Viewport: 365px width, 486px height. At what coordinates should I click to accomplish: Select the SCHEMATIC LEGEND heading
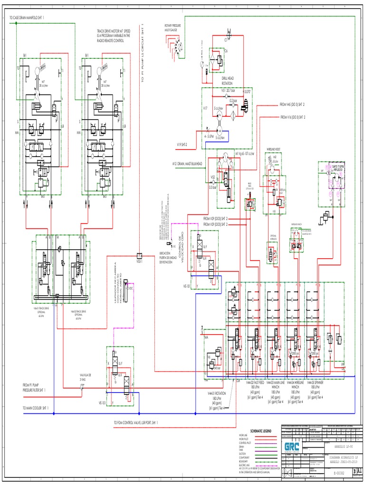pos(257,430)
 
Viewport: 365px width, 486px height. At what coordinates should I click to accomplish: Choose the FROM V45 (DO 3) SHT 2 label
pos(292,104)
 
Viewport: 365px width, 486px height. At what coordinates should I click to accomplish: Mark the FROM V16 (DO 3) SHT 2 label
pos(292,116)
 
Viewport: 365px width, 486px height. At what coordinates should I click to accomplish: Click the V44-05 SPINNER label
pos(317,382)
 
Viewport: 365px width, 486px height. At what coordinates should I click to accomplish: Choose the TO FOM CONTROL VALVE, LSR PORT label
pos(135,422)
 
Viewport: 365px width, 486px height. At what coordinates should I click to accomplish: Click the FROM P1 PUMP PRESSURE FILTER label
pos(35,387)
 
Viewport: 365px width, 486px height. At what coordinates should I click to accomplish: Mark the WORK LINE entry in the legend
pos(243,435)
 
